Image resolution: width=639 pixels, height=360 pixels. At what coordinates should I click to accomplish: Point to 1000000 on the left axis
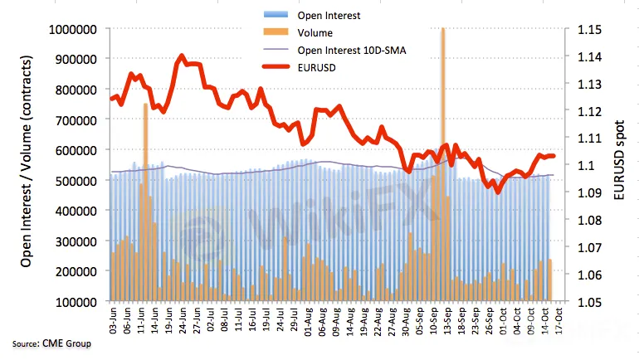(73, 30)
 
